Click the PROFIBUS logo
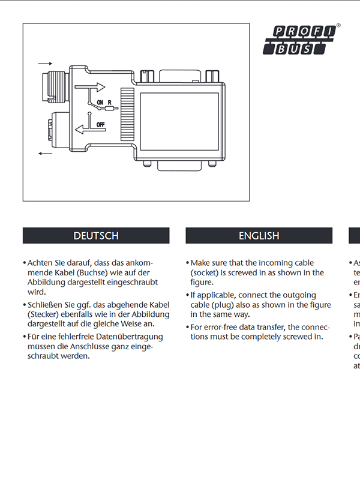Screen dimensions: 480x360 coord(302,40)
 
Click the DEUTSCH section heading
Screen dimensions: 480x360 coord(96,236)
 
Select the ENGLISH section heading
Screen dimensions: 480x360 coord(259,236)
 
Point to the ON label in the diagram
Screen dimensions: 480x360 coord(100,103)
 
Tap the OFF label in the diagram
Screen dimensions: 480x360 coord(101,124)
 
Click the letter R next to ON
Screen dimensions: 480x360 coord(110,103)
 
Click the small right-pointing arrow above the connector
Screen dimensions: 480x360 coord(45,62)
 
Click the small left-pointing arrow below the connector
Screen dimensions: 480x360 coord(45,154)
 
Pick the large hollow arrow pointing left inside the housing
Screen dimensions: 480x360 coord(85,130)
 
